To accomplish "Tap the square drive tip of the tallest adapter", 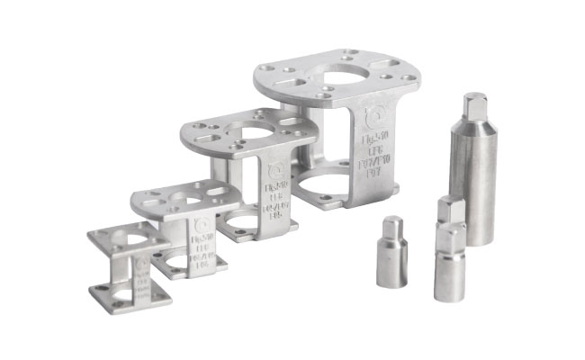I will pyautogui.click(x=473, y=105).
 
